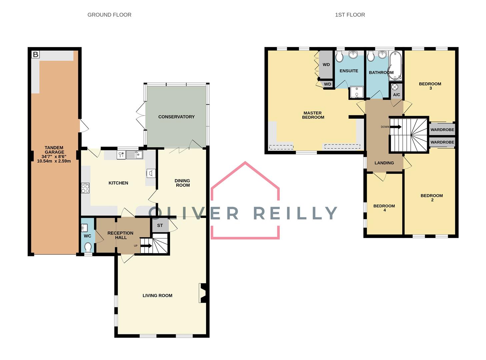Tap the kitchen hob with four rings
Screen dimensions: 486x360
(x=85, y=188)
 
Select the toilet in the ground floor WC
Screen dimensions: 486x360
(x=88, y=247)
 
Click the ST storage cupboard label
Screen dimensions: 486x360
(x=160, y=225)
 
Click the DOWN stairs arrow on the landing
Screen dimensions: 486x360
(x=396, y=127)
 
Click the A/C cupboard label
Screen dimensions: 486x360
(x=396, y=95)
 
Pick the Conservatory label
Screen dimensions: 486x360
(x=176, y=117)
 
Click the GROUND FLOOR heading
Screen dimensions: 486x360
(x=109, y=15)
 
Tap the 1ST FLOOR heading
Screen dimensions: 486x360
(x=350, y=15)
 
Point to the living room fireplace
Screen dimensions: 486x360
(x=203, y=293)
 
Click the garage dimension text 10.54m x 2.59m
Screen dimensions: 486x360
(x=54, y=161)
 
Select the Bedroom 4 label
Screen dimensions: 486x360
(x=384, y=208)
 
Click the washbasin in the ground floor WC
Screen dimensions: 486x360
(x=84, y=228)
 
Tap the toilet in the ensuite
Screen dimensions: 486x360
(x=339, y=56)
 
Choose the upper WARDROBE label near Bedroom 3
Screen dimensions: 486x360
(x=442, y=129)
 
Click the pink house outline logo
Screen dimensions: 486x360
(x=245, y=200)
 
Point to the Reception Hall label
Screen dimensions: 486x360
(x=120, y=235)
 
